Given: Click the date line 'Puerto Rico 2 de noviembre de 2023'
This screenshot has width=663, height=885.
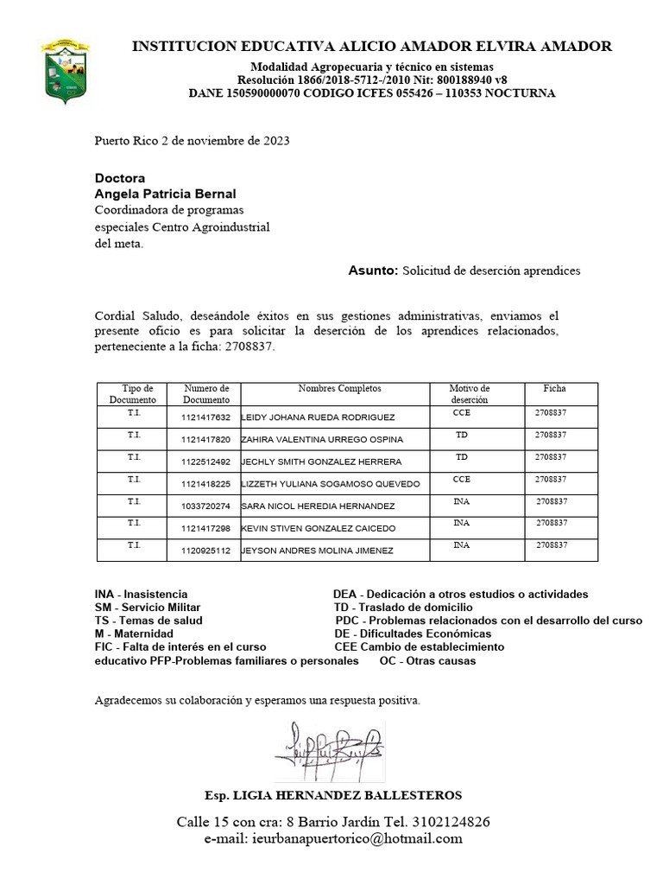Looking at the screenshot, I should (x=192, y=140).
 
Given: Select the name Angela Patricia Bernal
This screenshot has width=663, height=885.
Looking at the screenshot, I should (x=164, y=194).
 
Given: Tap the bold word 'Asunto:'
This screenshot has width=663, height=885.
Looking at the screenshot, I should (x=373, y=271).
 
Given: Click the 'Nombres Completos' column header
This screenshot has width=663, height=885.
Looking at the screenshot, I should (x=339, y=389).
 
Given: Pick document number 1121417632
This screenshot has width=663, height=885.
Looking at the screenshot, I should (x=205, y=417).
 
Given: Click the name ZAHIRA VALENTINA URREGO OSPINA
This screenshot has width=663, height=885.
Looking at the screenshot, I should (x=321, y=440).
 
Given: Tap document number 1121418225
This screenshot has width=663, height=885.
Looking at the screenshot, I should (x=205, y=484).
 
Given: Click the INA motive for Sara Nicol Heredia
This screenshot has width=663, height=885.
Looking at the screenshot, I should (x=461, y=501).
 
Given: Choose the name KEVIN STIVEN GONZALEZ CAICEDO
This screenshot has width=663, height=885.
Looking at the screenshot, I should (x=318, y=528).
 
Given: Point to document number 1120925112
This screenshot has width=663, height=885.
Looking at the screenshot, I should (x=205, y=551).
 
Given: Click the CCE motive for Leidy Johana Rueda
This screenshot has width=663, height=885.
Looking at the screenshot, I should (x=461, y=413).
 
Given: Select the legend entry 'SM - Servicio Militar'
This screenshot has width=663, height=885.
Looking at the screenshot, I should (x=148, y=608).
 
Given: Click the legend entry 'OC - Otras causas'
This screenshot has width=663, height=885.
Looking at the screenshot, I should (x=427, y=661).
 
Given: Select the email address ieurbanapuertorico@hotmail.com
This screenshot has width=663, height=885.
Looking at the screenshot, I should (x=356, y=838).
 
